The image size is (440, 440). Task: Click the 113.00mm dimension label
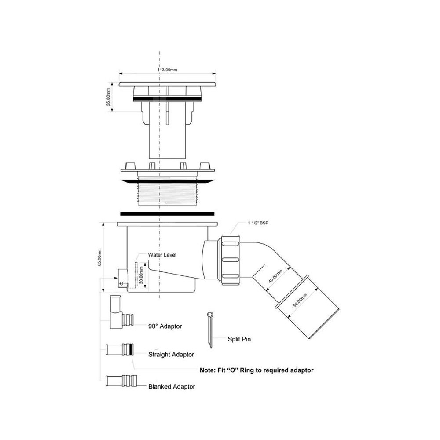tap(167, 70)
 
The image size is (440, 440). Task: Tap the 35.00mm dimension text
tap(108, 97)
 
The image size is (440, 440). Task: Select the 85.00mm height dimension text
tap(99, 257)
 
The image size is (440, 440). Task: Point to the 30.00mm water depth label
tap(141, 275)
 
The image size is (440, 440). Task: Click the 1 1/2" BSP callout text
tap(258, 223)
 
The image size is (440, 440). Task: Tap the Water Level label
tap(162, 255)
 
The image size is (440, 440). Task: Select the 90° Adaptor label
tap(165, 326)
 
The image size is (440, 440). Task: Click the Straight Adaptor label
tap(171, 355)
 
